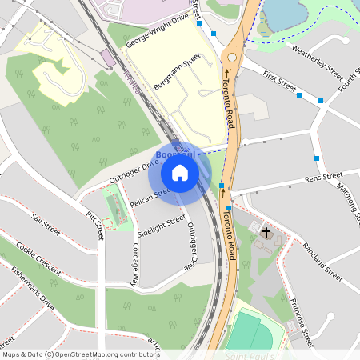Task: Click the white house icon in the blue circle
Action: tap(180, 172)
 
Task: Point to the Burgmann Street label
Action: tap(177, 71)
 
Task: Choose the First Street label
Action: tap(279, 82)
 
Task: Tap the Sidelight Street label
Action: tap(162, 226)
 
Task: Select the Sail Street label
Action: tap(46, 223)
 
